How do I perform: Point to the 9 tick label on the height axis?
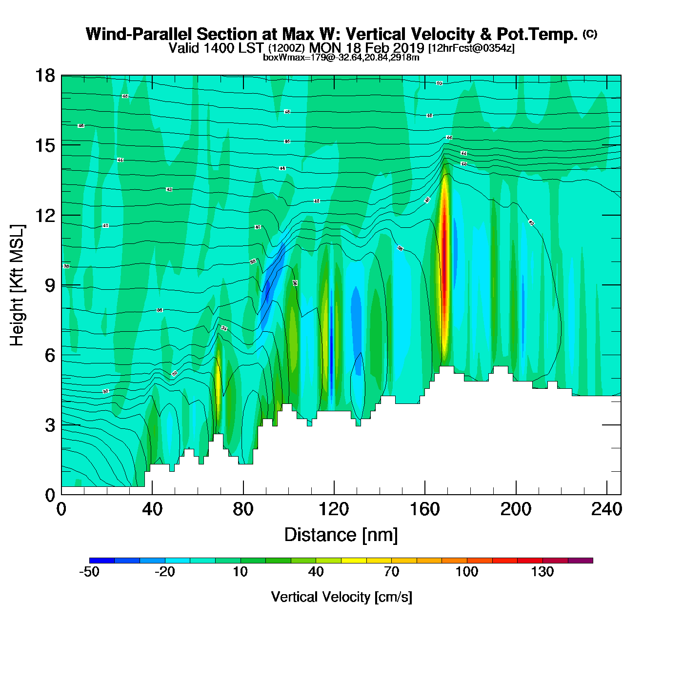pyautogui.click(x=50, y=285)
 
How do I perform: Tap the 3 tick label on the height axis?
pyautogui.click(x=50, y=425)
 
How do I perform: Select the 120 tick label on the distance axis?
pyautogui.click(x=334, y=509)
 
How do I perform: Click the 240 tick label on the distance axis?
pyautogui.click(x=606, y=509)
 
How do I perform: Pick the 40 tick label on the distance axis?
pyautogui.click(x=152, y=509)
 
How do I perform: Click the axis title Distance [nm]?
pyautogui.click(x=341, y=535)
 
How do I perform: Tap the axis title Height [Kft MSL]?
pyautogui.click(x=17, y=285)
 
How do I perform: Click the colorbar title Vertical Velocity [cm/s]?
pyautogui.click(x=341, y=597)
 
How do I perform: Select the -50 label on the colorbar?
pyautogui.click(x=89, y=572)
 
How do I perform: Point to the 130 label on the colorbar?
pyautogui.click(x=542, y=572)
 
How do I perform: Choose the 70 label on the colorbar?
pyautogui.click(x=391, y=572)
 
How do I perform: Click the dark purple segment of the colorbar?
pyautogui.click(x=581, y=561)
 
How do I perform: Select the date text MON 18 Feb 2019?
pyautogui.click(x=367, y=48)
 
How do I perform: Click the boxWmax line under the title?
pyautogui.click(x=341, y=58)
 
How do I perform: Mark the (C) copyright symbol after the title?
pyautogui.click(x=590, y=34)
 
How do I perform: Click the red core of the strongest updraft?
pyautogui.click(x=444, y=254)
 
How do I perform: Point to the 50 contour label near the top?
pyautogui.click(x=439, y=83)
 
